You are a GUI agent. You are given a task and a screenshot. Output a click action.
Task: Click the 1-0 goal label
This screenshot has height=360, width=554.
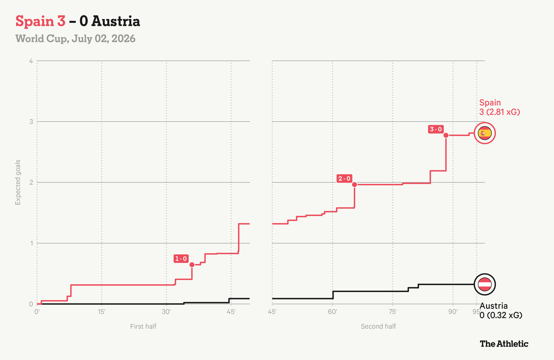click(181, 259)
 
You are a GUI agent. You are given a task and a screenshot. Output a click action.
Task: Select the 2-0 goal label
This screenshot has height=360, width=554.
click(344, 179)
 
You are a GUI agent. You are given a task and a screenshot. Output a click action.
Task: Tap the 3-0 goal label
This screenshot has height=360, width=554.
click(436, 129)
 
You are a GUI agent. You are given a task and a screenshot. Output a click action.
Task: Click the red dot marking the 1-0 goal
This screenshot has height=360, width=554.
click(192, 265)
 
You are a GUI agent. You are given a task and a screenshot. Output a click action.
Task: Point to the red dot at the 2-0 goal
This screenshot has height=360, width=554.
click(355, 184)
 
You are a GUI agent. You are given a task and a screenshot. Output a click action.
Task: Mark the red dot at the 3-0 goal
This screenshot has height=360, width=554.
click(446, 135)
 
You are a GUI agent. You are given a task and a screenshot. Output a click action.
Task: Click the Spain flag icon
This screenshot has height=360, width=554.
click(485, 133)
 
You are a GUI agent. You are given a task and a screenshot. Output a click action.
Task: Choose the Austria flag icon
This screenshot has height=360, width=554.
click(485, 284)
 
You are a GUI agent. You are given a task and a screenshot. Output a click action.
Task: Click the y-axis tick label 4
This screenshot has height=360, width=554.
click(31, 61)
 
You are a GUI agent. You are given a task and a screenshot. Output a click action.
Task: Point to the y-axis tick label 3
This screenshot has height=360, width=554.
click(31, 121)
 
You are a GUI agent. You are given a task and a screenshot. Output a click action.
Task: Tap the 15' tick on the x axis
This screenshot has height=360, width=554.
click(102, 312)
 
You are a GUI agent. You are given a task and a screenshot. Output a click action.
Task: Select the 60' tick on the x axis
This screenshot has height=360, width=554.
click(332, 312)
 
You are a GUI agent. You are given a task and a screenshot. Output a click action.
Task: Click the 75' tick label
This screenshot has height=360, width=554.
click(393, 312)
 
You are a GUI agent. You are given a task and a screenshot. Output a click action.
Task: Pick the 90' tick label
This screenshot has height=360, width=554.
click(453, 312)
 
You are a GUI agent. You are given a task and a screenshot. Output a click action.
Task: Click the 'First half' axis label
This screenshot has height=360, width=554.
click(143, 326)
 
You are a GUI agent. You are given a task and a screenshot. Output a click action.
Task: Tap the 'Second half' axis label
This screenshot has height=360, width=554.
click(378, 326)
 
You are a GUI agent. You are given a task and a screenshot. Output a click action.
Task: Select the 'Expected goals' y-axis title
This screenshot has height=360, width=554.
click(18, 182)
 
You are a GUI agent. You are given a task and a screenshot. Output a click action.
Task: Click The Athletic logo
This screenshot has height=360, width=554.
click(504, 344)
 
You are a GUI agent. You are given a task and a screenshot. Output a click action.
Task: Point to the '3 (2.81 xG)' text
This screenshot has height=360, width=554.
click(500, 112)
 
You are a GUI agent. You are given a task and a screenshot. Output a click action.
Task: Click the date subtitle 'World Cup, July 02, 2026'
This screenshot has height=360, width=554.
click(75, 39)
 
